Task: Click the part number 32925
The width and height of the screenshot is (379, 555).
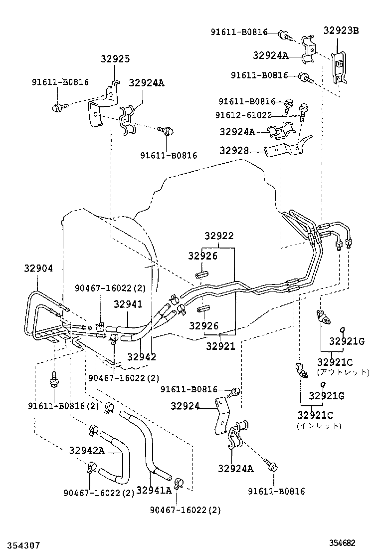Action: tap(115, 59)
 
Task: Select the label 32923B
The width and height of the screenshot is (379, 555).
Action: tap(341, 30)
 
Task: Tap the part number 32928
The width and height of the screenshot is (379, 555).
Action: tap(235, 150)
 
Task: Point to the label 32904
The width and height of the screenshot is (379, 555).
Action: tap(38, 268)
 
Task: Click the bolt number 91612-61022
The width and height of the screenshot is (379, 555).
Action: tap(243, 115)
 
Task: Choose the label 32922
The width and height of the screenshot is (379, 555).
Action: tap(218, 236)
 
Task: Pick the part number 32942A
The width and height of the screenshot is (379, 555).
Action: tap(86, 451)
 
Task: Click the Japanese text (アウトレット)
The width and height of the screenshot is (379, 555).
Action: tap(343, 372)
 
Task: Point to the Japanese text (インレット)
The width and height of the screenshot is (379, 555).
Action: tap(319, 426)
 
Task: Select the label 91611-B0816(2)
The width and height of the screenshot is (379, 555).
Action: tap(63, 406)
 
